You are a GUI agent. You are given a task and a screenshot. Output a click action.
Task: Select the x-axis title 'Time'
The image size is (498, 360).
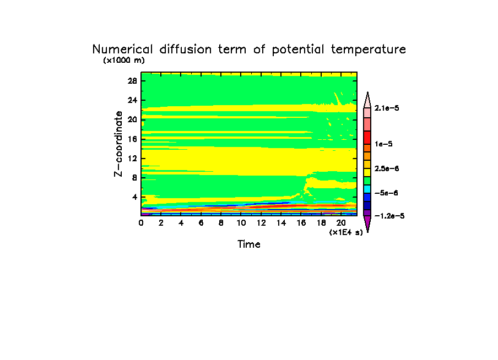pyautogui.click(x=249, y=244)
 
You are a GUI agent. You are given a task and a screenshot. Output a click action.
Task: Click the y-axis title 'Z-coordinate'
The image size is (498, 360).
pyautogui.click(x=118, y=144)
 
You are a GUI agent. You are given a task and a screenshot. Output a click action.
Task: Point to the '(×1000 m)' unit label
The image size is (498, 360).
pyautogui.click(x=124, y=61)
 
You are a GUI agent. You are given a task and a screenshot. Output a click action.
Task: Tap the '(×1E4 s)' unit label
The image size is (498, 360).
pyautogui.click(x=346, y=232)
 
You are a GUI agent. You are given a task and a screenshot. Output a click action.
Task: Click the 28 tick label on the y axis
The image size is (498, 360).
pyautogui.click(x=132, y=80)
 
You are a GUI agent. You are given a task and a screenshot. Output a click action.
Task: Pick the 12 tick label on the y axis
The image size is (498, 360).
pyautogui.click(x=132, y=158)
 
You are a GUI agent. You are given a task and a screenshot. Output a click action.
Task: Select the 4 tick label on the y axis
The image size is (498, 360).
pyautogui.click(x=134, y=197)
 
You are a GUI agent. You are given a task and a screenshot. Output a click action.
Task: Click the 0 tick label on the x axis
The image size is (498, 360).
pyautogui.click(x=142, y=223)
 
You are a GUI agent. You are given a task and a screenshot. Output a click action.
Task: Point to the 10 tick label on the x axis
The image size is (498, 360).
pyautogui.click(x=241, y=223)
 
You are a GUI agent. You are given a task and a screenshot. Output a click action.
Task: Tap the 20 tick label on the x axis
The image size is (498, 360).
pyautogui.click(x=341, y=223)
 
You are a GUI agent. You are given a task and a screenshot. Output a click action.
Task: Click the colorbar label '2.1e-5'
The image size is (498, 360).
pyautogui.click(x=387, y=108)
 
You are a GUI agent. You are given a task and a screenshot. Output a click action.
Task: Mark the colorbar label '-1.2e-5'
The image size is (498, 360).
pyautogui.click(x=389, y=216)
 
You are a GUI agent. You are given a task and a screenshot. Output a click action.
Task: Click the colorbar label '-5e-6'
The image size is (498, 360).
pyautogui.click(x=386, y=193)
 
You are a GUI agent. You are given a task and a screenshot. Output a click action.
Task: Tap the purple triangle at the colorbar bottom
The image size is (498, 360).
pyautogui.click(x=367, y=223)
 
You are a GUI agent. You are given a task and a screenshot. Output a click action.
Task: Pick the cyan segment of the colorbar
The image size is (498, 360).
pyautogui.click(x=367, y=189)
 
